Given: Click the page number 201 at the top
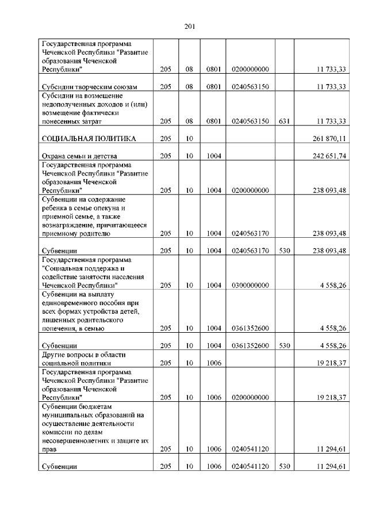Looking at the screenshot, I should [x=190, y=26].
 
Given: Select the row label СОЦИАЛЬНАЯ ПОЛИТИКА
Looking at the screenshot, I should [x=87, y=138].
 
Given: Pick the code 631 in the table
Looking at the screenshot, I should [x=283, y=121].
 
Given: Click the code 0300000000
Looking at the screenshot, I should [x=250, y=285].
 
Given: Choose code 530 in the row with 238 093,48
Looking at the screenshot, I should [x=283, y=251].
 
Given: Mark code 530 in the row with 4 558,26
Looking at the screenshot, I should [x=283, y=346].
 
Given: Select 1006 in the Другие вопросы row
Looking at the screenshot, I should [x=214, y=363].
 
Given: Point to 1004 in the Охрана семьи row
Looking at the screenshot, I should [x=214, y=156].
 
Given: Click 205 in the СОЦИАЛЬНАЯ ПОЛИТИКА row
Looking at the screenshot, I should [x=166, y=138].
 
